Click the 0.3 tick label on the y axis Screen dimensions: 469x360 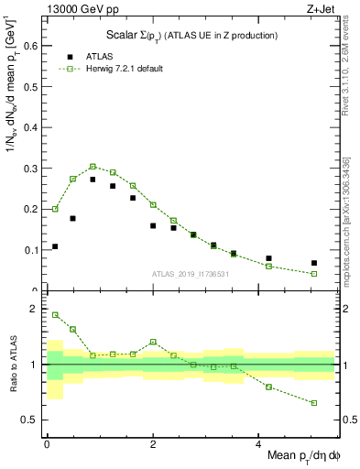[x=29, y=169]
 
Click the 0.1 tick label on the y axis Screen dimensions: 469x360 [x=29, y=250]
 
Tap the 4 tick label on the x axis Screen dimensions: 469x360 [x=243, y=444]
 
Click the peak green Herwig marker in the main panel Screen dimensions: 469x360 [x=93, y=167]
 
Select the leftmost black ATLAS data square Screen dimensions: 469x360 [x=55, y=246]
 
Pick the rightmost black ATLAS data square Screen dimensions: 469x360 [x=314, y=263]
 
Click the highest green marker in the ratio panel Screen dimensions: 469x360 [x=55, y=314]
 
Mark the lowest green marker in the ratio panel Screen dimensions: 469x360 [x=314, y=403]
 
